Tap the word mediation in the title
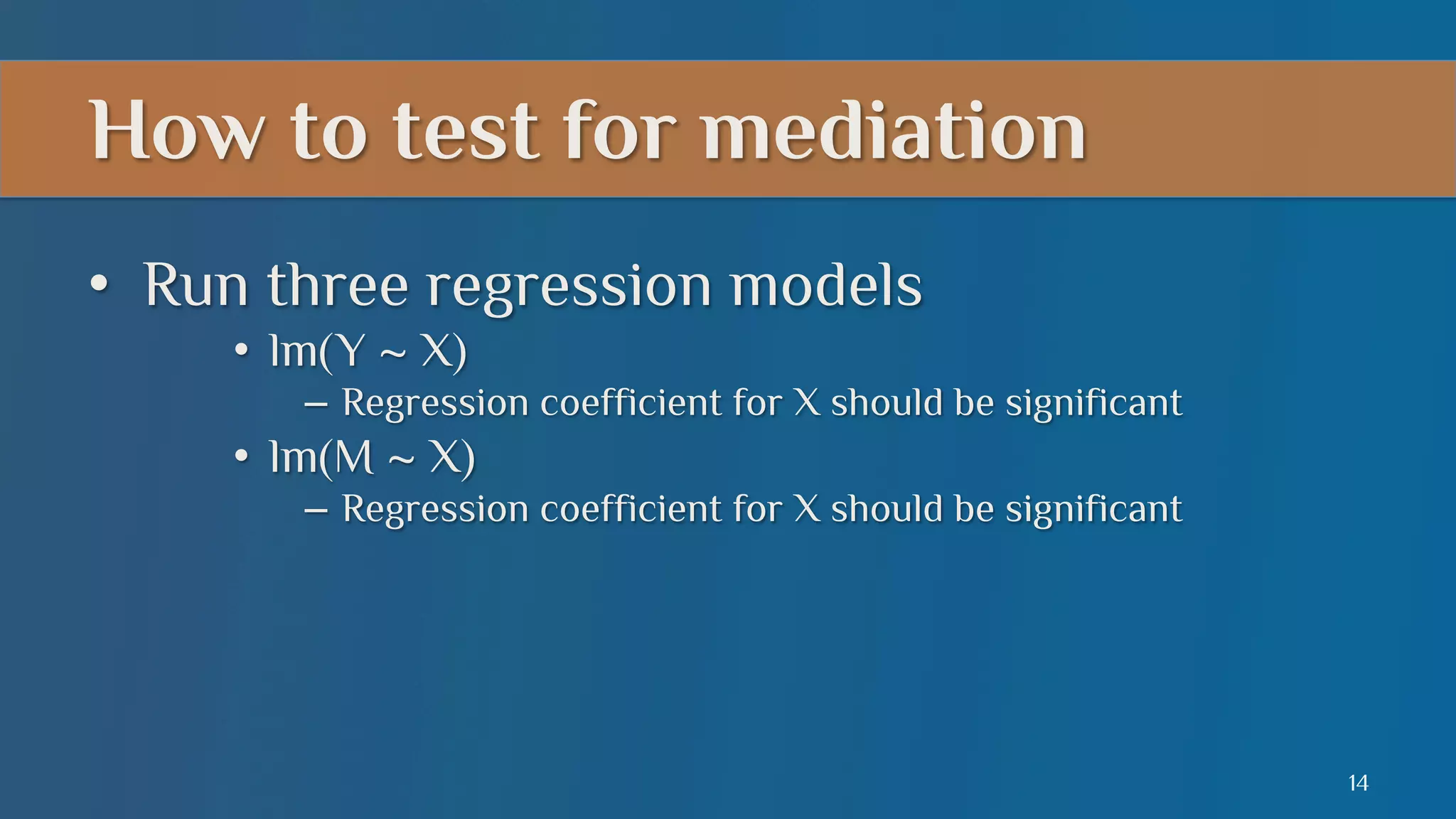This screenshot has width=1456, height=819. coord(894,131)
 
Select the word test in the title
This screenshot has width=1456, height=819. coord(466,131)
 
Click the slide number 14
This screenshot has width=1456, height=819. coord(1357,783)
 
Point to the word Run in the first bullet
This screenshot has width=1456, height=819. coord(196,286)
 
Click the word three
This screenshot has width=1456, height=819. coord(338,286)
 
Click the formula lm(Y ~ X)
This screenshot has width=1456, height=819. coord(368,351)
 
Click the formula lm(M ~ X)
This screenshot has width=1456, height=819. coord(372,457)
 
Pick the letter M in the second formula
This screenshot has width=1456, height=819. coord(353,457)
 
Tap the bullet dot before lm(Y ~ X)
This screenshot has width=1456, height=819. coord(242,350)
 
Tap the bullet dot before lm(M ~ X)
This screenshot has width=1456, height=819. coord(242,457)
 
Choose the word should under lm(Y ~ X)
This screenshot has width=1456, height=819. coord(887,403)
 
